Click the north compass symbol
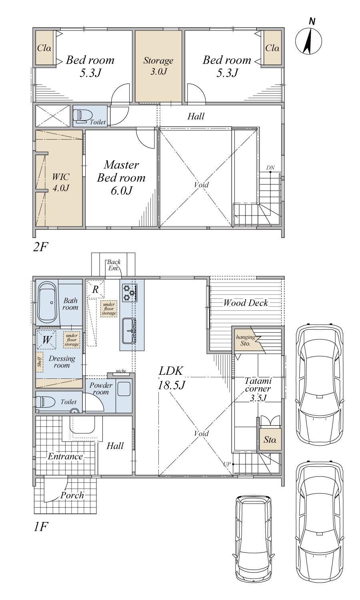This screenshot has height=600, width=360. pos(309,38)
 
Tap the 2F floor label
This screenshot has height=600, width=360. pos(40,247)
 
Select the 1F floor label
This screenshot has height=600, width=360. pos(40,527)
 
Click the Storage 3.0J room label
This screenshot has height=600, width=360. pos(158,66)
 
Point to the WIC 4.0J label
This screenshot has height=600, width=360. pos(61,182)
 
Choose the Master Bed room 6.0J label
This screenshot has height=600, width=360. pos(121,178)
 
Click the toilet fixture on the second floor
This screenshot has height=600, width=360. pos(80,116)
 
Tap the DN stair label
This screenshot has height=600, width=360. pos(270,168)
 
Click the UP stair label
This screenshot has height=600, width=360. pos(226,464)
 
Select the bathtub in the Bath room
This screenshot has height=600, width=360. pos(47,303)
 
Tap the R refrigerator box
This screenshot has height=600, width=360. pos(95,289)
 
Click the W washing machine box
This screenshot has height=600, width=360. pos(46,340)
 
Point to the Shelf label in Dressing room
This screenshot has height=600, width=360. pos(40,362)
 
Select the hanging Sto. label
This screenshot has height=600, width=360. pos(245,340)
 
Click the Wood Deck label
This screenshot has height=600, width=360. pos(246,303)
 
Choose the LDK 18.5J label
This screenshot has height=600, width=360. pos(171,378)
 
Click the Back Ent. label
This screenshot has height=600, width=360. pos(114,265)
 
